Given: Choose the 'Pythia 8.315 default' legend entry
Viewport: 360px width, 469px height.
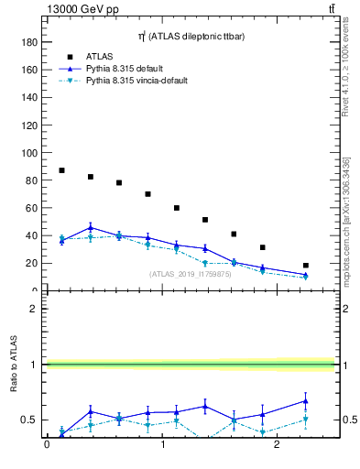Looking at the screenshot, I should (128, 69).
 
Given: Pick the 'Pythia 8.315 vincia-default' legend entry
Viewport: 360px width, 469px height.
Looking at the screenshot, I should (136, 81).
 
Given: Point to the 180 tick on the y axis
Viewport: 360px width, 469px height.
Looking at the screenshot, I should (29, 42).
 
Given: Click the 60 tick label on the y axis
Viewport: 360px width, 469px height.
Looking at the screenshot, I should (32, 208).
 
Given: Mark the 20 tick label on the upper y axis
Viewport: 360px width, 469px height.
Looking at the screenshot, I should (32, 263).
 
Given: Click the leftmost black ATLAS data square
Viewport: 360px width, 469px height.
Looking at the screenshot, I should (61, 170).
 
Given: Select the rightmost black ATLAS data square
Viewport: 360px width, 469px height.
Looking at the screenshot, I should (306, 266).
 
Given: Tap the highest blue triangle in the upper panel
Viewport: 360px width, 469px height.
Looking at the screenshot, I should (90, 227).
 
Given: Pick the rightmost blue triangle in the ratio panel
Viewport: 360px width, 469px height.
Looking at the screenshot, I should (306, 400).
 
